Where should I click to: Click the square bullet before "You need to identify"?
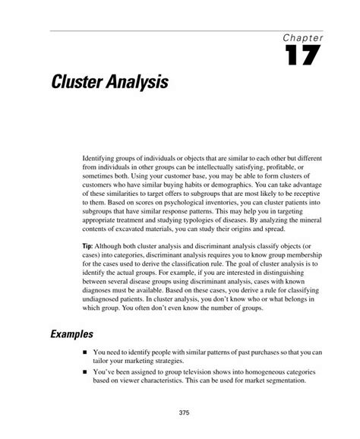tap(84, 352)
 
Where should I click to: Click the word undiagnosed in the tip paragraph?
tap(104, 300)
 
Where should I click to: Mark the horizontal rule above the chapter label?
tap(190, 32)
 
